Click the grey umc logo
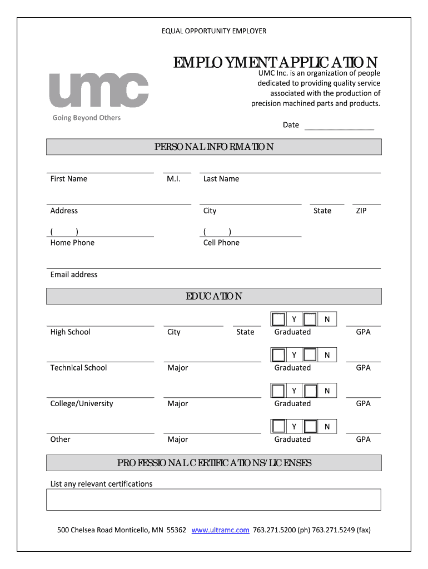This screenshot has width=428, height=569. (99, 90)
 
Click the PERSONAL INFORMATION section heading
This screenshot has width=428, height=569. (214, 147)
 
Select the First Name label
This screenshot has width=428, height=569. (69, 179)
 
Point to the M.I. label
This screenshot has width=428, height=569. (173, 179)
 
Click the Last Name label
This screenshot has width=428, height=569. (221, 179)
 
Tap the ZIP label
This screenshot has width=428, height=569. (361, 211)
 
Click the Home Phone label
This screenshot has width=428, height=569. (72, 243)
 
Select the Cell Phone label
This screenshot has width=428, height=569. (221, 243)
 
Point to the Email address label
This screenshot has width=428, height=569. (74, 274)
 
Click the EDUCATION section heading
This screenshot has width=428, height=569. (214, 296)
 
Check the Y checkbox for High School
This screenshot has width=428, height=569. (278, 319)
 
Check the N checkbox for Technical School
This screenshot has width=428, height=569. (311, 355)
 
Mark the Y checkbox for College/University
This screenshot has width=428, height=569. (278, 391)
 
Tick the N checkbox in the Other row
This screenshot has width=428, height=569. (311, 426)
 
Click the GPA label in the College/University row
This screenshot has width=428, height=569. (363, 403)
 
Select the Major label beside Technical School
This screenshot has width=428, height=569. (178, 368)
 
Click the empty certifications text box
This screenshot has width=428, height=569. (214, 500)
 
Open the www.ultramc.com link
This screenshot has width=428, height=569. (220, 530)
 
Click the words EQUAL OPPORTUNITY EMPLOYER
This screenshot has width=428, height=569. (214, 31)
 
